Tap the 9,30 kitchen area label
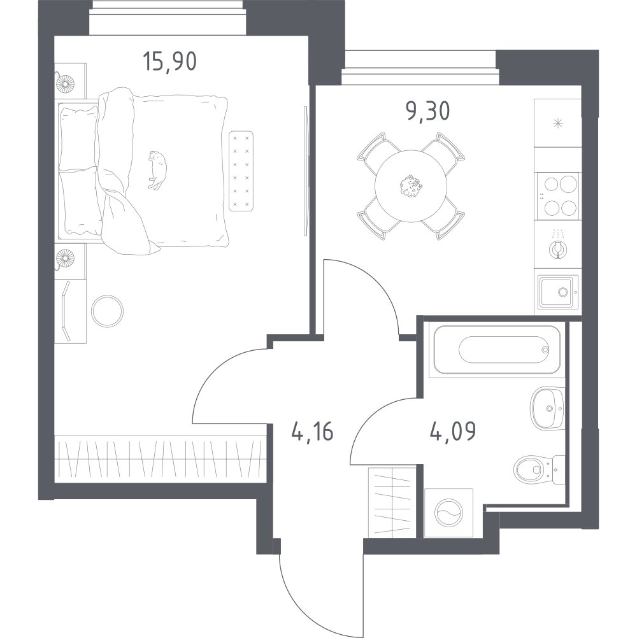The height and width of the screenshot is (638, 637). click(428, 111)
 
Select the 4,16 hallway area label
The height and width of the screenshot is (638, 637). click(313, 432)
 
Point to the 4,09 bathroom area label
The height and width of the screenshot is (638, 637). click(453, 431)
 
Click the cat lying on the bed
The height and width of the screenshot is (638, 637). click(157, 170)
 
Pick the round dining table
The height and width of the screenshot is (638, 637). click(411, 186)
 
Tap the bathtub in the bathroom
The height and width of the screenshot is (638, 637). click(497, 350)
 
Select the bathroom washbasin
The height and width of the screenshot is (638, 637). click(547, 408)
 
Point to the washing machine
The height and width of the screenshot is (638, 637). click(448, 513)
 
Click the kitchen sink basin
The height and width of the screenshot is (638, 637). click(558, 292)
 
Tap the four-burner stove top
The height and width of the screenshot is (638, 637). click(558, 196)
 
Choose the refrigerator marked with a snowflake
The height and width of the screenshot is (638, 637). click(557, 123)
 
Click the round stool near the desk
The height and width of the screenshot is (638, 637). click(107, 311)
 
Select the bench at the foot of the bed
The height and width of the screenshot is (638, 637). click(241, 171)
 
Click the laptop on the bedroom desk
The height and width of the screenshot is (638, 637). click(66, 311)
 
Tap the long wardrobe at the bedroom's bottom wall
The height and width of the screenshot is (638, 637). click(161, 459)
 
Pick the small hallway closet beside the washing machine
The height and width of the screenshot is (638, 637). click(392, 503)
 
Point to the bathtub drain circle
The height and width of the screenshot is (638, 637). click(545, 350)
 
